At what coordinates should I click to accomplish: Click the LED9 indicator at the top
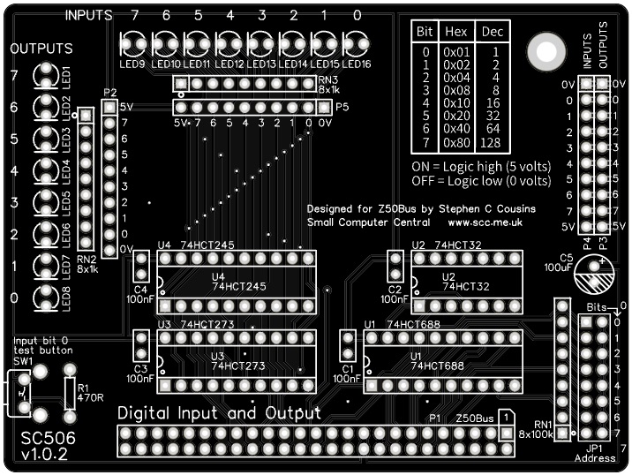tap(135, 42)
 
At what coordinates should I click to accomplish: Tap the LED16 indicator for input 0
tap(356, 42)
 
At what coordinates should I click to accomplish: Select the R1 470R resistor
tap(71, 388)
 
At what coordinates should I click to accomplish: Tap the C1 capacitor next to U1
tap(347, 347)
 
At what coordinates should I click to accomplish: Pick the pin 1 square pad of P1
tap(506, 434)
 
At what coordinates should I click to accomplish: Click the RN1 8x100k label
tap(537, 426)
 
